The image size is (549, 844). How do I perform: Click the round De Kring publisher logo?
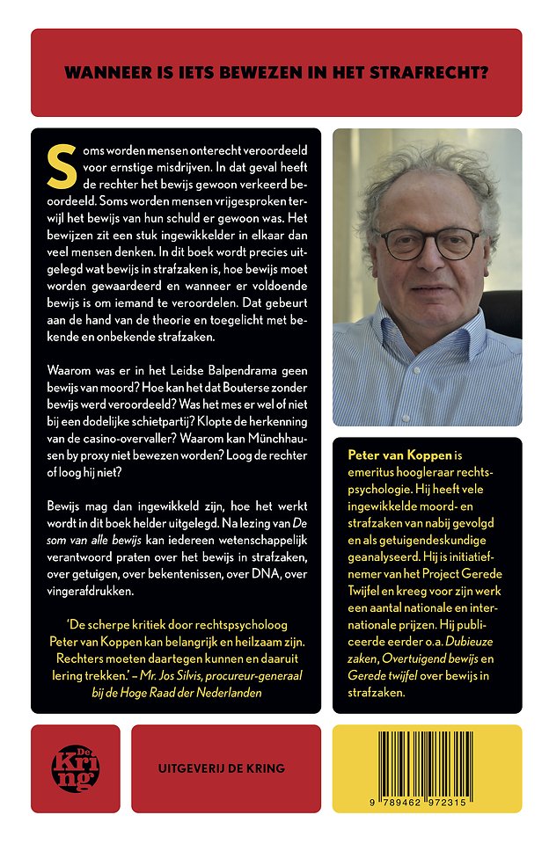coord(76,768)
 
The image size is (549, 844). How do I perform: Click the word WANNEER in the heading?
coord(103,73)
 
